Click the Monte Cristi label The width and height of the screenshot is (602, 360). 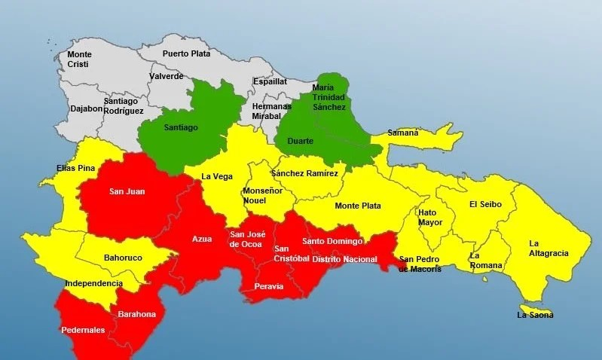click(79, 59)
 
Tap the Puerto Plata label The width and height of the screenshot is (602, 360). click(186, 53)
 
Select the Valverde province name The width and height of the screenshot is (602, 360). click(167, 76)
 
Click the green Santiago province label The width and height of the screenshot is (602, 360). click(181, 127)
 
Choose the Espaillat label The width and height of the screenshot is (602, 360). click(270, 81)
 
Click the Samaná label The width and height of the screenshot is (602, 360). click(402, 133)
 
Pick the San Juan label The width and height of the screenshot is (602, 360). click(127, 191)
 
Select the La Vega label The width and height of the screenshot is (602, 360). click(216, 177)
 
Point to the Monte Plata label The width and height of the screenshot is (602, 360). click(358, 206)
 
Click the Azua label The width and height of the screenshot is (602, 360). click(202, 239)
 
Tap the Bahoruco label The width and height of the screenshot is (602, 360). click(123, 257)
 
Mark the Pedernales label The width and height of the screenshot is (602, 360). click(84, 329)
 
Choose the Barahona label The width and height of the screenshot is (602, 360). click(137, 314)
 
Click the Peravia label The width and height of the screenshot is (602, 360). click(269, 286)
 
